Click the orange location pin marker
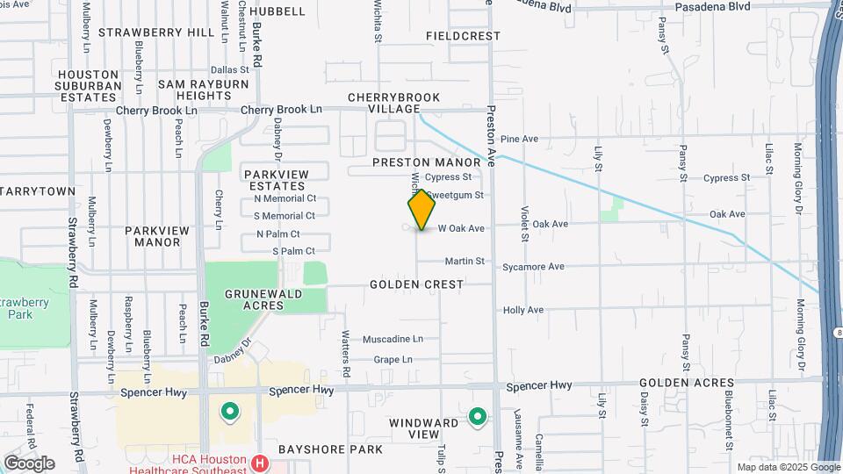pyautogui.click(x=421, y=210)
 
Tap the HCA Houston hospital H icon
pyautogui.click(x=259, y=463)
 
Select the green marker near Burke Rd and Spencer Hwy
pyautogui.click(x=230, y=411)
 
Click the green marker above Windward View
pyautogui.click(x=478, y=416)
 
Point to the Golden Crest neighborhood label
pyautogui.click(x=416, y=284)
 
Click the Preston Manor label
pyautogui.click(x=427, y=162)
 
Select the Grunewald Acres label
pyautogui.click(x=255, y=299)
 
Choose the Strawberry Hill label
pyautogui.click(x=156, y=32)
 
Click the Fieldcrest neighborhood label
pyautogui.click(x=463, y=36)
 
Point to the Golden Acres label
pyautogui.click(x=686, y=383)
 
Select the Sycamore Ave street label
pyautogui.click(x=533, y=267)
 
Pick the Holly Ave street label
pyautogui.click(x=523, y=310)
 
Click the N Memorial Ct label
pyautogui.click(x=285, y=200)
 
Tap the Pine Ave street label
pyautogui.click(x=518, y=139)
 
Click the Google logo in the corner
pyautogui.click(x=29, y=463)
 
